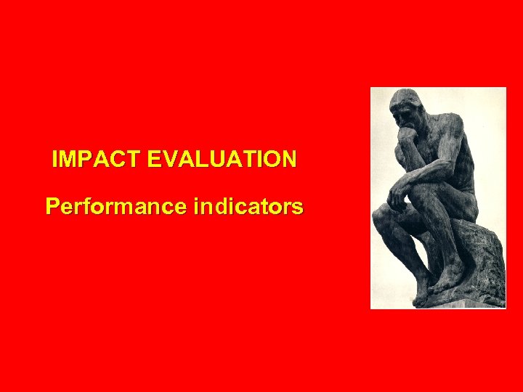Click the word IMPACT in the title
(x=96, y=159)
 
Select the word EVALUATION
(x=222, y=159)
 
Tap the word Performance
(x=117, y=207)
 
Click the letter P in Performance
(x=52, y=207)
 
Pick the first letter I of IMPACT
(x=55, y=159)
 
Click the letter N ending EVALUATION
(x=289, y=159)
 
